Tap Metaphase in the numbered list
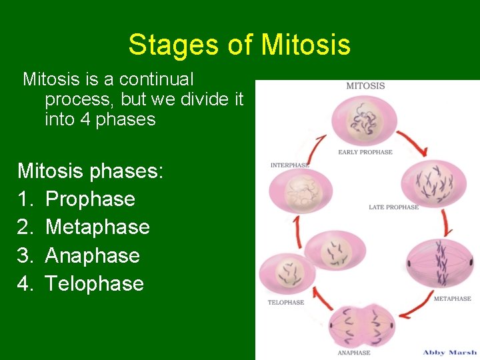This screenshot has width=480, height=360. tap(97, 227)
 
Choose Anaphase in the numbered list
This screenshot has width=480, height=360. tap(92, 255)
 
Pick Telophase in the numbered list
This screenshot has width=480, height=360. tap(94, 283)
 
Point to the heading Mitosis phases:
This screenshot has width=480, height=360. tap(90, 171)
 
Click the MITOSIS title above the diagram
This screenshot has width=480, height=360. tap(365, 86)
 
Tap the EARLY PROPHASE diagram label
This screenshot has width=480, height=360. tap(365, 152)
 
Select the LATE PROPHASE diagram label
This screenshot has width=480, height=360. tap(393, 207)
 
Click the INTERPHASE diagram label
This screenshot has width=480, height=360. tap(290, 165)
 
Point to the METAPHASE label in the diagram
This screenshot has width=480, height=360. tap(452, 299)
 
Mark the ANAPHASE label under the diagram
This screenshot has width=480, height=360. tap(354, 352)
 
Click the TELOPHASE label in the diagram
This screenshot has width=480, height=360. tap(285, 302)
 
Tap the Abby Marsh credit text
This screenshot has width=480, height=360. tap(449, 352)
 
